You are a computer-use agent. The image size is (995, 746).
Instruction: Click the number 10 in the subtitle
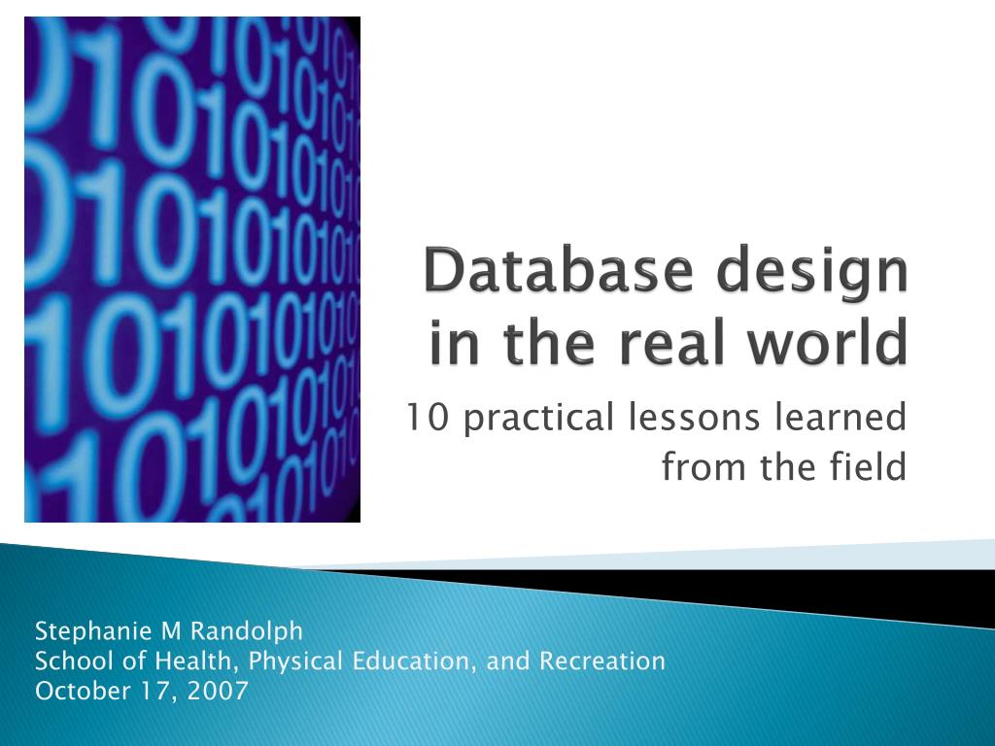pyautogui.click(x=420, y=419)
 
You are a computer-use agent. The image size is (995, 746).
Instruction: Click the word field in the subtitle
pyautogui.click(x=874, y=467)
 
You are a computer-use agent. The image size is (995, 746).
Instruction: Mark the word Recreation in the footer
pyautogui.click(x=602, y=661)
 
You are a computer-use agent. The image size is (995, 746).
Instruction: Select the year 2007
pyautogui.click(x=220, y=691)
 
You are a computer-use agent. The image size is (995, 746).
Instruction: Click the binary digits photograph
pyautogui.click(x=192, y=269)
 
